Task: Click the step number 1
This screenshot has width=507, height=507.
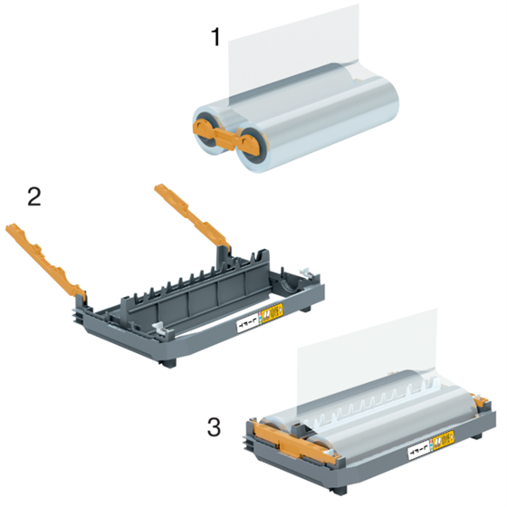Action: (x=215, y=37)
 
